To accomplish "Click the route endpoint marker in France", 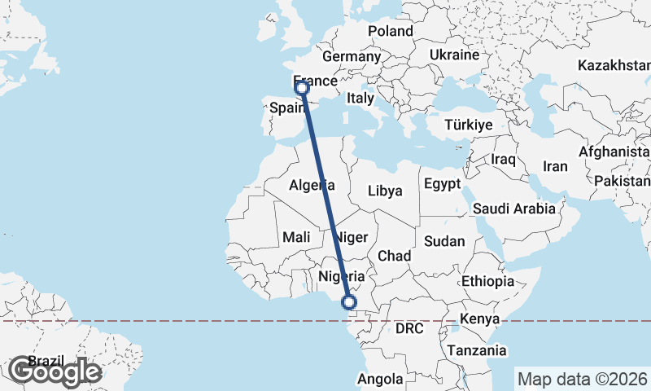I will click(302, 87).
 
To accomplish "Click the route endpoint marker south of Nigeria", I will click(349, 303).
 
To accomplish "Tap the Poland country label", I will click(391, 31).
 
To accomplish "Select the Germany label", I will click(352, 57).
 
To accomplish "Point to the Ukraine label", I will click(454, 55).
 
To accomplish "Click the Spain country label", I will click(287, 108).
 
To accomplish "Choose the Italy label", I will click(360, 98).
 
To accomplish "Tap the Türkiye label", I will click(470, 125).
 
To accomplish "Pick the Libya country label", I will click(385, 191).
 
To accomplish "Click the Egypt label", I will click(443, 182).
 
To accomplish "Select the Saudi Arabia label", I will click(513, 209).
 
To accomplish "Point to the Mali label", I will click(295, 237).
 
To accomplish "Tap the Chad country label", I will click(394, 256).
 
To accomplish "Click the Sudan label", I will click(444, 241).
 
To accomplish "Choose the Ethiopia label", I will click(487, 281).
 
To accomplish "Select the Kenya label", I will click(479, 319).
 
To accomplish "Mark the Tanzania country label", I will click(477, 350).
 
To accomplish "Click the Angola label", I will click(381, 379).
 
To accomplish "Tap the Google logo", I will click(55, 371).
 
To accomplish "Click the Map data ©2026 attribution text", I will click(583, 379).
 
